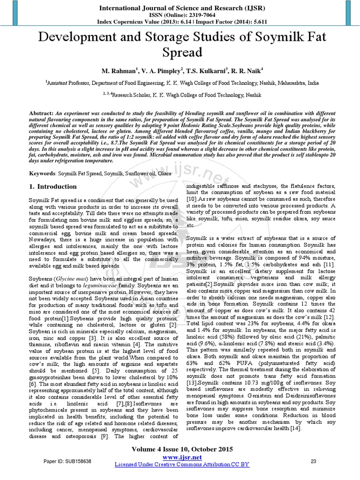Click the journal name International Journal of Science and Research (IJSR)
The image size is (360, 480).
tap(180, 7)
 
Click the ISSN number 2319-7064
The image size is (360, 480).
tap(191, 15)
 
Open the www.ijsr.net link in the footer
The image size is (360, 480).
tap(181, 457)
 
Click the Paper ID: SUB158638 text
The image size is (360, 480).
tap(67, 461)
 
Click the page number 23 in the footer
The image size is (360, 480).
tap(314, 461)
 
